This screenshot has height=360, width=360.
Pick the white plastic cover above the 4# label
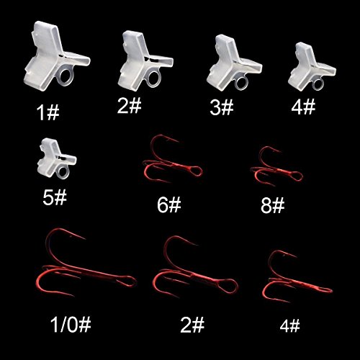pyautogui.click(x=311, y=63)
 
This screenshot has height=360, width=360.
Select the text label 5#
pyautogui.click(x=53, y=197)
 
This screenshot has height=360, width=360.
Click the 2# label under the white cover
pyautogui.click(x=130, y=106)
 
